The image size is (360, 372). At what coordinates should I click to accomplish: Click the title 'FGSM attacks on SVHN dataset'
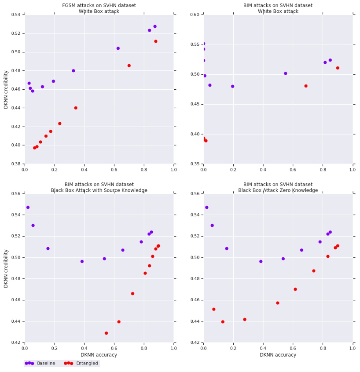tap(99, 6)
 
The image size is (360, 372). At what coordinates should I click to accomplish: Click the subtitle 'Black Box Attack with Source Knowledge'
tap(99, 190)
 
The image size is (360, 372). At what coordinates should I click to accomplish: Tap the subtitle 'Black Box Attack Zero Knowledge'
tap(278, 190)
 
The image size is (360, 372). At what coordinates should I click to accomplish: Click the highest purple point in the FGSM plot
tap(155, 26)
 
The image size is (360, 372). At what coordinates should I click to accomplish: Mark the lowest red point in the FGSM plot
tap(34, 148)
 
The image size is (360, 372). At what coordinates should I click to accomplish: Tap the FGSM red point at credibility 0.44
tap(76, 108)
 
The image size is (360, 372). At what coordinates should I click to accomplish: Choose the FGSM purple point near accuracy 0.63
tap(118, 48)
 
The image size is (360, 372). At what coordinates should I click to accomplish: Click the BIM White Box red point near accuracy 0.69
tap(306, 86)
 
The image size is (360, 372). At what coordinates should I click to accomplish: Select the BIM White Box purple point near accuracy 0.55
tap(286, 73)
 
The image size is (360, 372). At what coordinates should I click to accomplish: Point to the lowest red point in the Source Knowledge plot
tap(106, 333)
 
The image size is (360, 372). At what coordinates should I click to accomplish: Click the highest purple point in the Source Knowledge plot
tap(28, 208)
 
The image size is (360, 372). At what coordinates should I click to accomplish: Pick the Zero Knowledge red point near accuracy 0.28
tap(245, 320)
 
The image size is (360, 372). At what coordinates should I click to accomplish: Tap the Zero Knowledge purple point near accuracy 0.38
tap(261, 262)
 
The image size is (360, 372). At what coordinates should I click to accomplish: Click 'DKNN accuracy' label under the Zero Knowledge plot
tap(278, 355)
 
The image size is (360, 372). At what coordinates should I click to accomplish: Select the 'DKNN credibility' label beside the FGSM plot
tap(6, 89)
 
